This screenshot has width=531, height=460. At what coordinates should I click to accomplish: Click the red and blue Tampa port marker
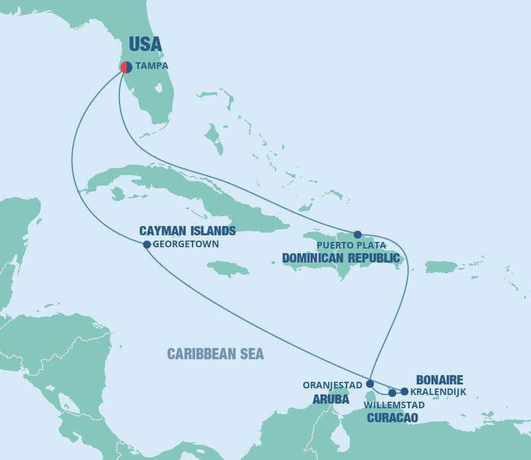tap(125, 67)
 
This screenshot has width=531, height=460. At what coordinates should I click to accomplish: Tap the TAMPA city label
tap(152, 66)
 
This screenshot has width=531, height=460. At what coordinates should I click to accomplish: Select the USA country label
tap(145, 44)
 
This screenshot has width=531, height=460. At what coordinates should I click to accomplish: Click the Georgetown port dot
tap(147, 245)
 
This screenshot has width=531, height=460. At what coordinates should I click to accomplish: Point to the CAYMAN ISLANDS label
tap(187, 231)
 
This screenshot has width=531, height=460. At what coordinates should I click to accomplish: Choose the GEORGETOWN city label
tap(186, 244)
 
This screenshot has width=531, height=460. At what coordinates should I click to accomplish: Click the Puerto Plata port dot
tap(357, 235)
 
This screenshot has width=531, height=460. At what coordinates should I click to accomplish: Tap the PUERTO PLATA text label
tap(350, 245)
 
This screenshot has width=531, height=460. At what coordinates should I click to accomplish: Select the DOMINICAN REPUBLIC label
tap(341, 257)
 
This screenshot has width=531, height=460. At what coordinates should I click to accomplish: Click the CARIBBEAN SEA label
tap(215, 354)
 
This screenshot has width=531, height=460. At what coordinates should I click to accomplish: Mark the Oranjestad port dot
tap(370, 384)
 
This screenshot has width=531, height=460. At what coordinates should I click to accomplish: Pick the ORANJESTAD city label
tap(333, 384)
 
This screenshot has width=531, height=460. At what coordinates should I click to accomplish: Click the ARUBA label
tap(331, 400)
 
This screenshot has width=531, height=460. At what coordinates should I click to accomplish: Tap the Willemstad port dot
tap(392, 393)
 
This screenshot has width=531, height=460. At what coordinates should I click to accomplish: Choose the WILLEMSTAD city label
tap(394, 404)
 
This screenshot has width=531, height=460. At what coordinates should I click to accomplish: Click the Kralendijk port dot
tap(404, 391)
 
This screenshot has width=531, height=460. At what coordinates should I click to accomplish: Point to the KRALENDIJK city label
tap(438, 392)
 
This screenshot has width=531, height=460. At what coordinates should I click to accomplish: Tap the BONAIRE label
tap(439, 380)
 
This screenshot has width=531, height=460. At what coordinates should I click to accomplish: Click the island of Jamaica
tap(228, 268)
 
